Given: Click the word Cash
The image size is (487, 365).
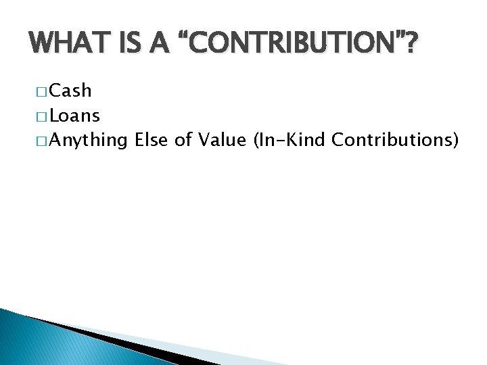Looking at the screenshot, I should [70, 91].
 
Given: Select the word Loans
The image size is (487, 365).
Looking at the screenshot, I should [75, 116].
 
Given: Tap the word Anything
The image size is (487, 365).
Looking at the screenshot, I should [89, 141].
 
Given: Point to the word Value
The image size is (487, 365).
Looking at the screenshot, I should [216, 140].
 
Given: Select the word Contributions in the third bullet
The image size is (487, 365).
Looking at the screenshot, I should [392, 140].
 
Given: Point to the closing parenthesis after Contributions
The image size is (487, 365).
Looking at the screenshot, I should [457, 141].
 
